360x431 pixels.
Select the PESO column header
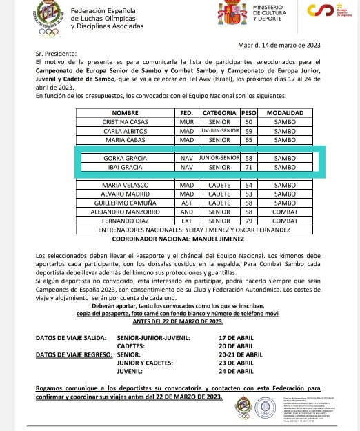pos(249,112)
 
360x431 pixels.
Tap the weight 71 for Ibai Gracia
pos(249,167)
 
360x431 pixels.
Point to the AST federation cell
pos(186,203)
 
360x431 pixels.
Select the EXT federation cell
pos(186,221)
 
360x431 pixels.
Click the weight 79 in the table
pos(249,221)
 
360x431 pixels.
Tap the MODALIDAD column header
pos(285,112)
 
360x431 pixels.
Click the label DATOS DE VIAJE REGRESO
pos(75,354)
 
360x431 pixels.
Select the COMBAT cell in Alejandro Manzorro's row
pos(285,212)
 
